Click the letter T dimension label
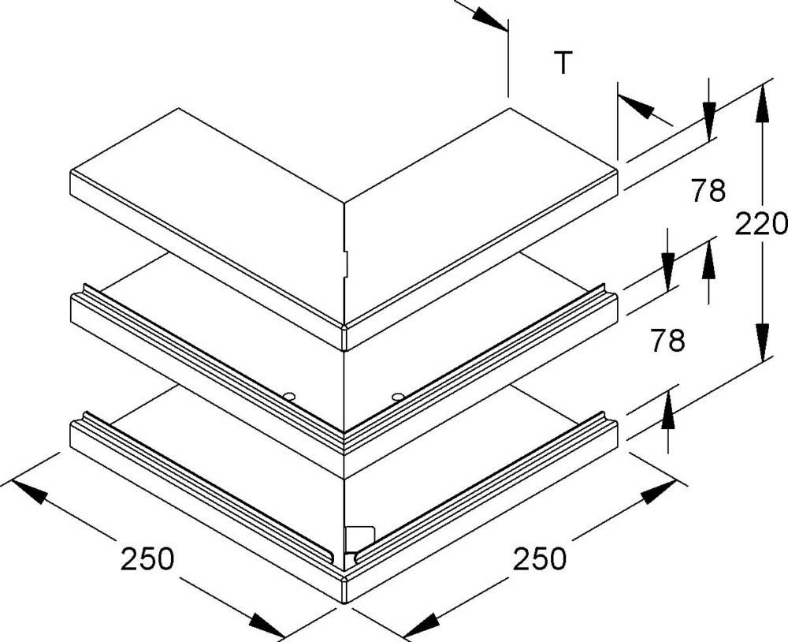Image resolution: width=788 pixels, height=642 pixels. [x=563, y=63]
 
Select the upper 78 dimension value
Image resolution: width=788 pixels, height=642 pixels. [x=708, y=190]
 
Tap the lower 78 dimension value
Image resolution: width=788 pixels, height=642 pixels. [x=667, y=340]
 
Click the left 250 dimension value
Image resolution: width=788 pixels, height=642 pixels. [x=147, y=558]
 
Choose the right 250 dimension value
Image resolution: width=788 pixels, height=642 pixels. [x=540, y=558]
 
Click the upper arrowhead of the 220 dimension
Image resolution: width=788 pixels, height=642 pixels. [x=763, y=103]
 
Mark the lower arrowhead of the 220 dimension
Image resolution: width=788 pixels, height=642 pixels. [x=763, y=342]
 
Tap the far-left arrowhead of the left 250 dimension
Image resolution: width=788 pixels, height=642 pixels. [x=28, y=491]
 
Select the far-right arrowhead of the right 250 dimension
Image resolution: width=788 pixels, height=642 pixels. [x=659, y=491]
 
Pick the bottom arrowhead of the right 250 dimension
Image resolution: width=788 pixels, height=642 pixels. [x=421, y=625]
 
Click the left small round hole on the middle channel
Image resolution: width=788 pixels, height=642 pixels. [x=288, y=397]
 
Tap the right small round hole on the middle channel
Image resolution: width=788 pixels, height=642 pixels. [x=398, y=397]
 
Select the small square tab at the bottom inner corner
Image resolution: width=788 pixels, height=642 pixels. [x=360, y=539]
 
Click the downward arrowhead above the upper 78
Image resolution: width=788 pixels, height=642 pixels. [x=709, y=121]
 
